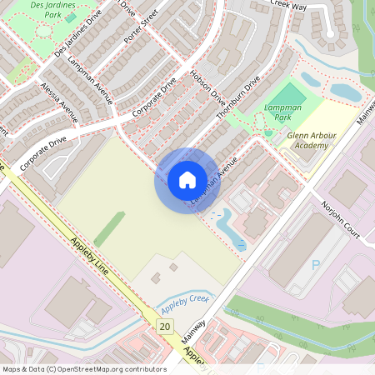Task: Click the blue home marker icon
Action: (187, 180)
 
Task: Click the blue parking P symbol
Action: (315, 265)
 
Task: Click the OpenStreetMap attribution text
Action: (83, 369)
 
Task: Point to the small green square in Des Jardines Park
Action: (70, 17)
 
